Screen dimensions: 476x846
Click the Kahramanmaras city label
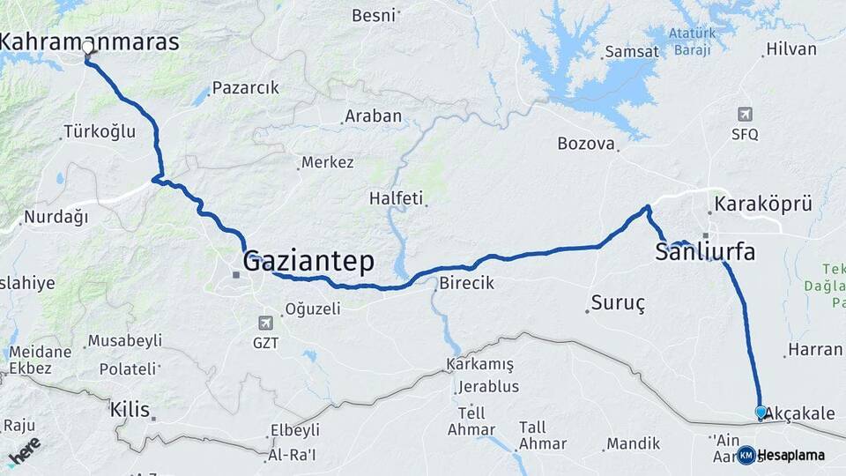(x=90, y=41)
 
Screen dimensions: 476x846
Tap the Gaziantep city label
(x=308, y=261)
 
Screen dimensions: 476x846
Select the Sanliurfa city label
(x=705, y=252)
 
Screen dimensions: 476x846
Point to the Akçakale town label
(x=799, y=413)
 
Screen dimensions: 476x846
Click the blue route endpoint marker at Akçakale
(x=761, y=412)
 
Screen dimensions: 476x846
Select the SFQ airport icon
(x=746, y=115)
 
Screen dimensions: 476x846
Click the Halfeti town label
(x=397, y=198)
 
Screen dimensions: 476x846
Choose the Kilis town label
(x=130, y=409)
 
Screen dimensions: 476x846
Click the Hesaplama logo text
(x=790, y=455)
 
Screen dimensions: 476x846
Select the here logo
(x=24, y=451)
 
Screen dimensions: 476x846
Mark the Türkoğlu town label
(x=100, y=132)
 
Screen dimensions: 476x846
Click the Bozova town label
(x=586, y=143)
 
